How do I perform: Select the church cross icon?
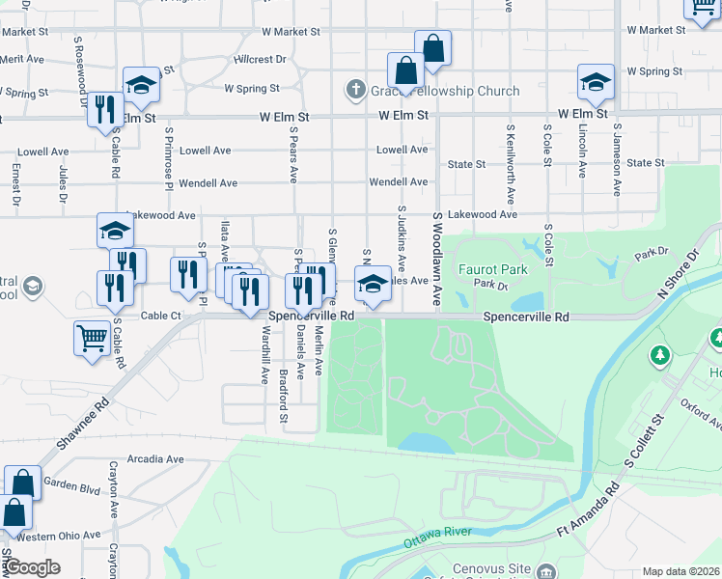(x=355, y=92)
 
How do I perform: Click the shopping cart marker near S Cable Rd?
(x=92, y=339)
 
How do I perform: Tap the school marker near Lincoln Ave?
(x=596, y=83)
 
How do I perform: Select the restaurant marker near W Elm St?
(x=105, y=109)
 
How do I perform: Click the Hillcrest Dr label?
(x=260, y=59)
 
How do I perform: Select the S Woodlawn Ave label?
(x=437, y=261)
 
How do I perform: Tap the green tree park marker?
(x=660, y=355)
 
